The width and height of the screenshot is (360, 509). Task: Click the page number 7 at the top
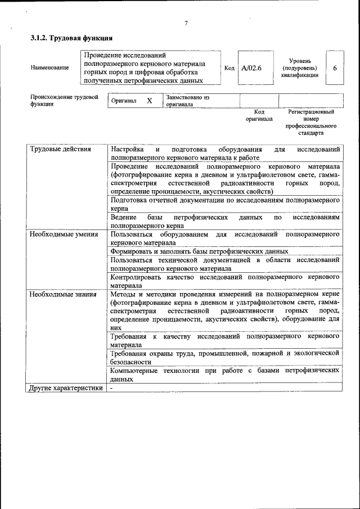pos(185,23)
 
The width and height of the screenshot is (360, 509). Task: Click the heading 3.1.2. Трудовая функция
pos(71,39)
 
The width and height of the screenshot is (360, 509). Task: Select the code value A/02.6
pos(251,68)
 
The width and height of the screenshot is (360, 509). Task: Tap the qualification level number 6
pos(335,68)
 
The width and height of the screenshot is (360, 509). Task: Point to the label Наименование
pos(50,68)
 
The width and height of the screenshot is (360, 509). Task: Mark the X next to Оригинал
pos(150,101)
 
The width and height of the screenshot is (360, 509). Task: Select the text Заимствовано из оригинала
pos(187,101)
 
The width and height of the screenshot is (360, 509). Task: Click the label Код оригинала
pos(259,115)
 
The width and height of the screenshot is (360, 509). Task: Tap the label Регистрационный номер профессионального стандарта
pos(310,123)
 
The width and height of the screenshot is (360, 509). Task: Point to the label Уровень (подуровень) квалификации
pos(300,67)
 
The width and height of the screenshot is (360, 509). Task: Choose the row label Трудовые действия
pos(60,149)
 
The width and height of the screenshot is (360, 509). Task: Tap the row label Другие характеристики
pos(66,388)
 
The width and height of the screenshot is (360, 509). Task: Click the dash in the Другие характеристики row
pos(111,388)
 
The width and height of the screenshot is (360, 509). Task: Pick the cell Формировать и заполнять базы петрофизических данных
pos(200,251)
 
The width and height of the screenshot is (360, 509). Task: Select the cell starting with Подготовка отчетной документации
pos(225,204)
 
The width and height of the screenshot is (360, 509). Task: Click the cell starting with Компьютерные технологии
pos(225,375)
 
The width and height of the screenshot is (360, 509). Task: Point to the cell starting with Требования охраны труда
pos(225,357)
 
